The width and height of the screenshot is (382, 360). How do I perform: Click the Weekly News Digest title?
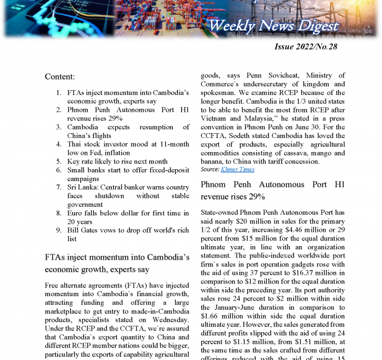pos(273,26)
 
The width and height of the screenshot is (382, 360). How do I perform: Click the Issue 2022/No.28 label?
pos(306,46)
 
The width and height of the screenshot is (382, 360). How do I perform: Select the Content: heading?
pos(59,77)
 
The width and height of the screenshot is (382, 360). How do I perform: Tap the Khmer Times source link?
pos(237,170)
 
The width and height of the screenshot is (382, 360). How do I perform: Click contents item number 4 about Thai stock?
pos(128,145)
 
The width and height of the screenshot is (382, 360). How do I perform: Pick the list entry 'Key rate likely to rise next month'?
pos(117,161)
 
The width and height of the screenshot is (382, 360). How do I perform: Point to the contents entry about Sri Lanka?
pos(128,187)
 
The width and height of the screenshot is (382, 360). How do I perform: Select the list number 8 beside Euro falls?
pos(59,213)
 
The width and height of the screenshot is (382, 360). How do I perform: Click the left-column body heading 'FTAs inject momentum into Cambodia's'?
pos(117,256)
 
